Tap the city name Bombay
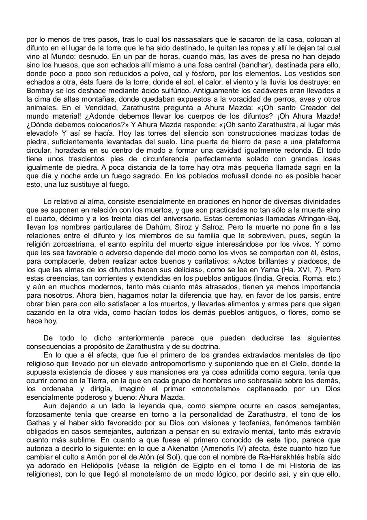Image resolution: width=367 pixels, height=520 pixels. pos(39,91)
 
